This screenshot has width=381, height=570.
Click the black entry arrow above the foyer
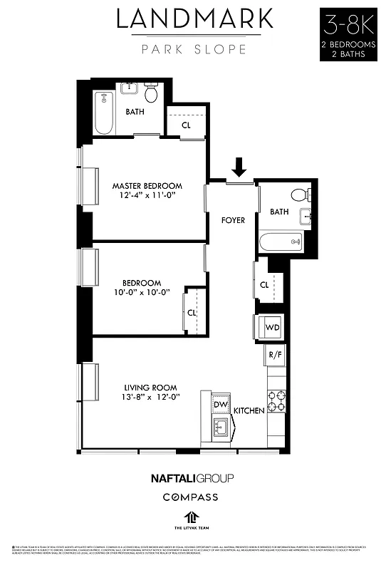tap(239, 167)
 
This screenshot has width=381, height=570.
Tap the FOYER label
tap(233, 220)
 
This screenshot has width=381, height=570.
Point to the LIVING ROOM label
tap(150, 388)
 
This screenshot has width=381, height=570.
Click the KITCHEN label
tap(249, 411)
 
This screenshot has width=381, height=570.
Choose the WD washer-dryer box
tap(272, 327)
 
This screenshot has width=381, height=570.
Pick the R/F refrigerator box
tap(273, 355)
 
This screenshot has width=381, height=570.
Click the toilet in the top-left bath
tap(152, 93)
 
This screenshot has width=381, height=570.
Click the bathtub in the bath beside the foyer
tap(283, 242)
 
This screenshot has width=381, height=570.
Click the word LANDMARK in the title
tap(194, 19)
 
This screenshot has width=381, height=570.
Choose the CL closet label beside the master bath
tap(186, 125)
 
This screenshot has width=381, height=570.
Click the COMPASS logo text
tap(190, 497)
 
